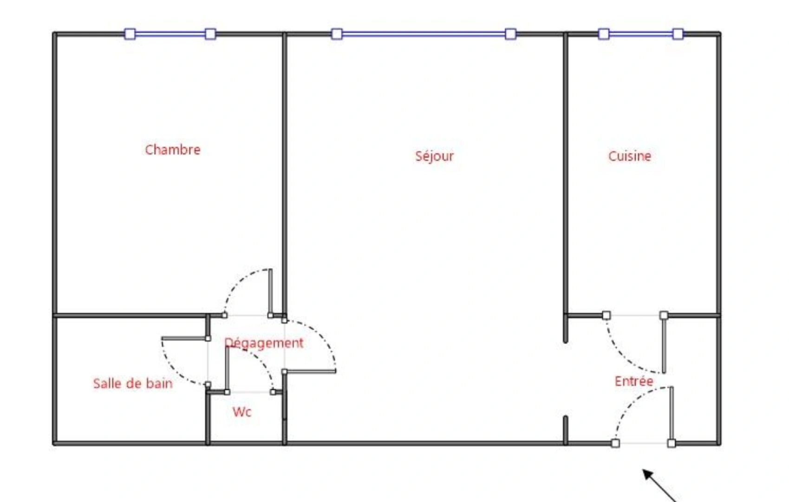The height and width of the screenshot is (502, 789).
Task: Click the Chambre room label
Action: (x=173, y=150)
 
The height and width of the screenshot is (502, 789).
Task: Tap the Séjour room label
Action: (x=434, y=156)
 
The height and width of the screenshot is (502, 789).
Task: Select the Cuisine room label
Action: (x=630, y=156)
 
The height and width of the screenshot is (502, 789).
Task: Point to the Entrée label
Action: (x=634, y=381)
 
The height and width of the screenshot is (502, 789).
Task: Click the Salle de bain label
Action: (x=133, y=383)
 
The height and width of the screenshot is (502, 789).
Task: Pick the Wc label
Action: (x=242, y=412)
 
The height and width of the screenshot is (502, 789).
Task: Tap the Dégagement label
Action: (x=264, y=343)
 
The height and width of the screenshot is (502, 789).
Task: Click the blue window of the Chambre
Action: (x=170, y=34)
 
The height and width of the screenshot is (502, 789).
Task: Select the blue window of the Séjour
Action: (x=424, y=34)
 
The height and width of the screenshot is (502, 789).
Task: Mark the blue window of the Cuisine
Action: (x=641, y=34)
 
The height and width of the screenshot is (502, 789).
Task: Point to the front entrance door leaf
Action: (x=672, y=414)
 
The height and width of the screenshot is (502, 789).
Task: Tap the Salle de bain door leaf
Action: (x=184, y=338)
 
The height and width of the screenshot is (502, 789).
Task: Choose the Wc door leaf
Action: (x=227, y=370)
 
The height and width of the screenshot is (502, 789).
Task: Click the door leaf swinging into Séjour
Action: (x=310, y=371)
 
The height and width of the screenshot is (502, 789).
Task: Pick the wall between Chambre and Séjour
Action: (x=285, y=172)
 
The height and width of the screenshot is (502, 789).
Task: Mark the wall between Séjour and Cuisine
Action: (x=566, y=172)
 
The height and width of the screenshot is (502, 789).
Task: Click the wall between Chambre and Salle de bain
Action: (x=130, y=316)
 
